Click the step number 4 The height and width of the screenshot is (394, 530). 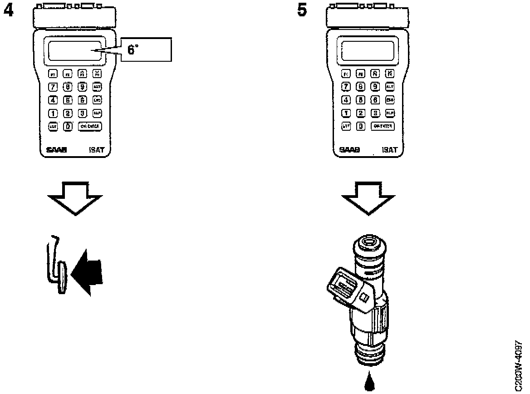[8, 10]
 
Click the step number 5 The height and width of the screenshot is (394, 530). [302, 10]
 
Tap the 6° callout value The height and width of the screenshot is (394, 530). [133, 50]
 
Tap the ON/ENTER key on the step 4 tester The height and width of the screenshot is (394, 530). [89, 127]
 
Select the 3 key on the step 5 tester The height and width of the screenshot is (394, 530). [375, 113]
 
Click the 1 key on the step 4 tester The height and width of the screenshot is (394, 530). [53, 113]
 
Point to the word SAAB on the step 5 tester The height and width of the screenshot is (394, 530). [350, 149]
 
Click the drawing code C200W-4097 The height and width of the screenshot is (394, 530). [520, 365]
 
